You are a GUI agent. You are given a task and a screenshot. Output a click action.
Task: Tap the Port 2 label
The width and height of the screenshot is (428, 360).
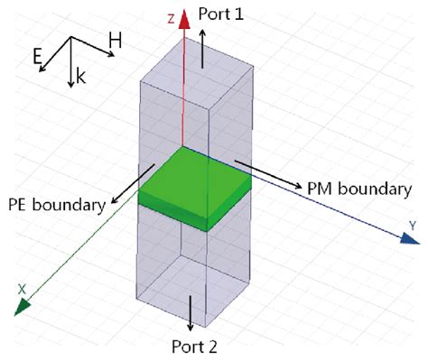click(194, 346)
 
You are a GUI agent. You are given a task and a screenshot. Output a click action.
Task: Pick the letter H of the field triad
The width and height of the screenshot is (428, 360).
click(116, 41)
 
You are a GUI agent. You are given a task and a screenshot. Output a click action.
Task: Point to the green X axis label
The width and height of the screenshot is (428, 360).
click(21, 289)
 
